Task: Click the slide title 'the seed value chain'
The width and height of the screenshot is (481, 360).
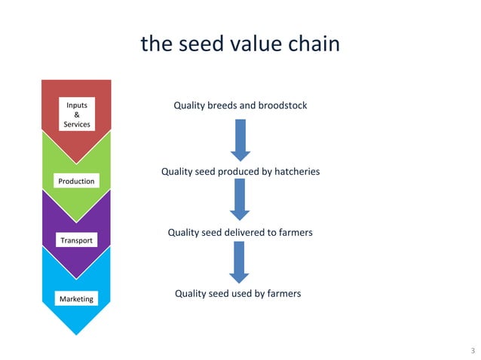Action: click(x=240, y=44)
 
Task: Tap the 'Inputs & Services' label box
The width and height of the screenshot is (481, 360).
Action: click(x=76, y=114)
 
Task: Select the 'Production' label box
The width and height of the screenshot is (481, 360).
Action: click(x=76, y=181)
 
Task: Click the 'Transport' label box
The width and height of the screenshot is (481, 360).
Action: click(x=76, y=240)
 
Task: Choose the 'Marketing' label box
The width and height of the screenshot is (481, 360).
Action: click(x=76, y=299)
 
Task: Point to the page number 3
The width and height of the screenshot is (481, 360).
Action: click(x=472, y=351)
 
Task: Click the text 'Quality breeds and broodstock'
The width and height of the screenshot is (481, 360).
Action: click(x=240, y=105)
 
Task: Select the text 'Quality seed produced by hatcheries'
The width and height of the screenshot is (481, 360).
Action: click(x=240, y=172)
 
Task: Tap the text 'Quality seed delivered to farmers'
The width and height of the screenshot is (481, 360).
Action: click(x=240, y=233)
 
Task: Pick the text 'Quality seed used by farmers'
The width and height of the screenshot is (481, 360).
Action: click(x=237, y=293)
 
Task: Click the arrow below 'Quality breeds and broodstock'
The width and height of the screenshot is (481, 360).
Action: click(x=240, y=139)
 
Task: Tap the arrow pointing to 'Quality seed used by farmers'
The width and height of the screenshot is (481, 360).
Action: click(x=240, y=262)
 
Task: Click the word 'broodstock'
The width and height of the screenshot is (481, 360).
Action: click(x=283, y=105)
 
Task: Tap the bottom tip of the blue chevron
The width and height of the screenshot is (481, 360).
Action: click(x=76, y=334)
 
